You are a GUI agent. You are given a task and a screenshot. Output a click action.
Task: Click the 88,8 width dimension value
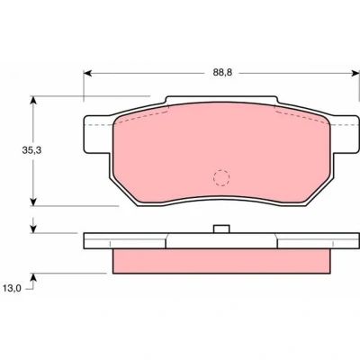pyautogui.click(x=222, y=73)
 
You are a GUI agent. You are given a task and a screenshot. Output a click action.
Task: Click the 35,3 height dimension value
pyautogui.click(x=31, y=150)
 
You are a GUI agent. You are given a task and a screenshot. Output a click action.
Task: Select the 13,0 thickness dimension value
pyautogui.click(x=12, y=288)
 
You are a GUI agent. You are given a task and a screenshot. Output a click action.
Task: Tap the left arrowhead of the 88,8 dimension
pyautogui.click(x=87, y=73)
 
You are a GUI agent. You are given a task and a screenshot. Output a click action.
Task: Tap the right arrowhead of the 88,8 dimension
pyautogui.click(x=355, y=73)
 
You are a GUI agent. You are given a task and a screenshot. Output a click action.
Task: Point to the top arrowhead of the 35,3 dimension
pyautogui.click(x=33, y=100)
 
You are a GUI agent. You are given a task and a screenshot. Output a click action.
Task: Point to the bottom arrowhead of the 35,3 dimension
pyautogui.click(x=33, y=202)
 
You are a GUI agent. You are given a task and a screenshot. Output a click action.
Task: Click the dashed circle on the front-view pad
pyautogui.click(x=221, y=178)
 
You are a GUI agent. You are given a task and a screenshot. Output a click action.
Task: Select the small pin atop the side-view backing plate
pyautogui.click(x=221, y=229)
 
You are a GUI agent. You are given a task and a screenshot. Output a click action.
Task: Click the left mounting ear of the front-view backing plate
pyautogui.click(x=97, y=134)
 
